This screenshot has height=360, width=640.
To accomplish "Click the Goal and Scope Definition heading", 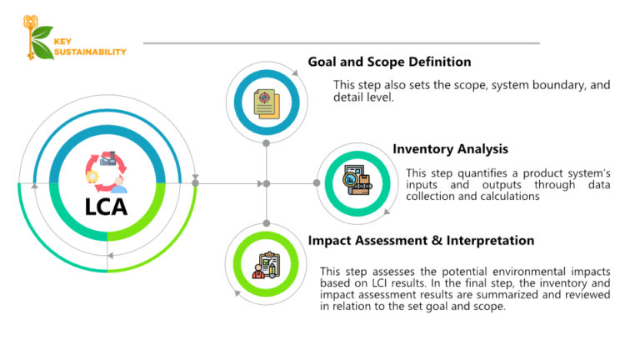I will coord(389,62).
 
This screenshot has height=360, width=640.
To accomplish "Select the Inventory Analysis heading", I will coord(450,149).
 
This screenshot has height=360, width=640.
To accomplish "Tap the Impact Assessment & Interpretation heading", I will coord(421,240).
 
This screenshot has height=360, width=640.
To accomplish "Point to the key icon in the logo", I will coord(31,37).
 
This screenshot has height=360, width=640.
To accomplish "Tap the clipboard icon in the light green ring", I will coord(267,265).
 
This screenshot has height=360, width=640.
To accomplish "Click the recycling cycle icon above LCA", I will coord(106,167).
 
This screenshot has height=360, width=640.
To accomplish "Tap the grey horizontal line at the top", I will coord(342,43).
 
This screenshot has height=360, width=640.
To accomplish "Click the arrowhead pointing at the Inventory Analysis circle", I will coord(317,182).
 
